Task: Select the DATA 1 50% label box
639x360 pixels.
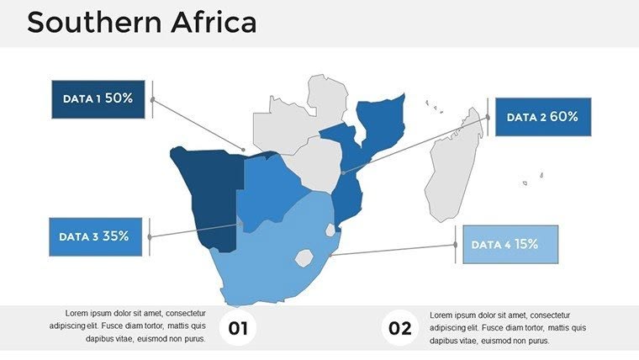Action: pyautogui.click(x=98, y=99)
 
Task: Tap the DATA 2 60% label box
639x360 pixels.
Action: pyautogui.click(x=542, y=117)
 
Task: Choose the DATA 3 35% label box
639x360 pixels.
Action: pyautogui.click(x=94, y=237)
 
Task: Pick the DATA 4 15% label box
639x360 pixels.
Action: pyautogui.click(x=504, y=245)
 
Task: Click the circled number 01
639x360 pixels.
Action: pyautogui.click(x=239, y=328)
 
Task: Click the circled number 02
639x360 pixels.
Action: pyautogui.click(x=400, y=328)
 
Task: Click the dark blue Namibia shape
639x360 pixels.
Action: pyautogui.click(x=206, y=189)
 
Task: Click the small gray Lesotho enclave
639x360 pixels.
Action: pyautogui.click(x=303, y=257)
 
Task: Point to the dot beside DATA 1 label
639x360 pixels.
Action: pyautogui.click(x=152, y=99)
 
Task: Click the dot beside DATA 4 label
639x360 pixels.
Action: pyautogui.click(x=456, y=245)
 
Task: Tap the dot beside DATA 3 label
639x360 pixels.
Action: pyautogui.click(x=150, y=237)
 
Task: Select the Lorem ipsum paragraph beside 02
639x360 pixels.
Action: pyautogui.click(x=508, y=327)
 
